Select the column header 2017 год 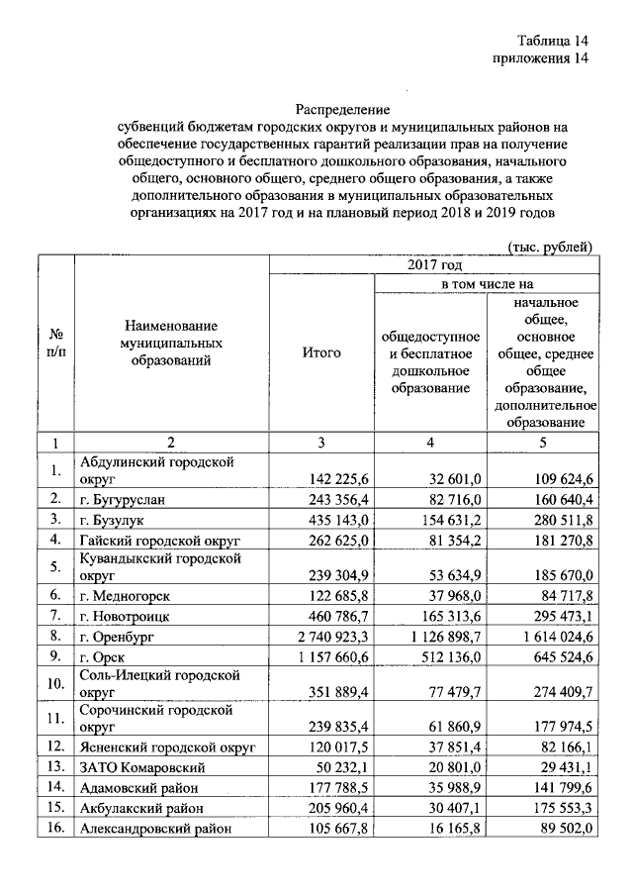tap(433, 265)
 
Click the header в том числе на tap(486, 284)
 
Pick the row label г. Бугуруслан tap(123, 498)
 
